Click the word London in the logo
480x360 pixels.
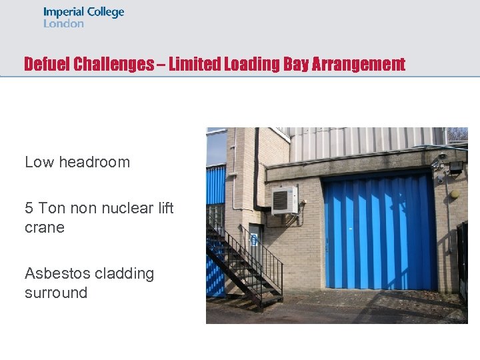[63, 23]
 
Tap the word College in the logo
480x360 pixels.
[104, 13]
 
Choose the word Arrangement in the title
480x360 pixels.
[363, 64]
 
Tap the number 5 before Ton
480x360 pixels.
[29, 208]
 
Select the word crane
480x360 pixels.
[45, 227]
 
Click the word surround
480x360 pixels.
[56, 293]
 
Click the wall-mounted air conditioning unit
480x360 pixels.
[285, 200]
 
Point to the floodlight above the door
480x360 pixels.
[455, 167]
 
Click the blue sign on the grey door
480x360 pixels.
[254, 240]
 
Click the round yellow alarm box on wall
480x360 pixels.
[455, 194]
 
